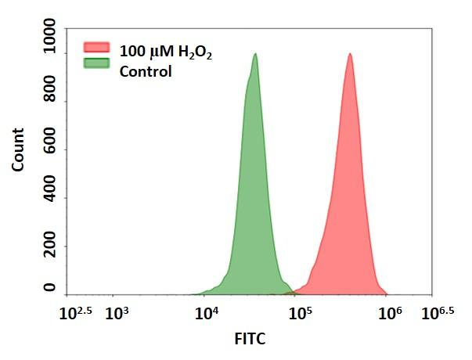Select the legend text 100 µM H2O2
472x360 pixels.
[x=165, y=52]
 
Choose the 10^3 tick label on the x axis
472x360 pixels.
[x=117, y=315]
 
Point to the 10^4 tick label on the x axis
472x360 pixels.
[x=207, y=315]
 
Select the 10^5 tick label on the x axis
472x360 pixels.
[x=299, y=315]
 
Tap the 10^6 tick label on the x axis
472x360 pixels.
[x=389, y=313]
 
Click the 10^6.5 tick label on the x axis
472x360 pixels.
[x=438, y=313]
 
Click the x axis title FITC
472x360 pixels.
[x=250, y=340]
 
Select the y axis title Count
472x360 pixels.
[x=17, y=149]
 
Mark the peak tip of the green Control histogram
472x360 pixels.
[x=255, y=54]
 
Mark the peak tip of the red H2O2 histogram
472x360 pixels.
[x=350, y=54]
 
